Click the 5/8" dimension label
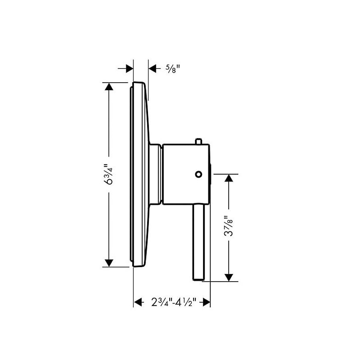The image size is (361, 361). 172,69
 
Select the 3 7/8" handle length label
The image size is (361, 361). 229,227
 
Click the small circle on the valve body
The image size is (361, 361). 197,174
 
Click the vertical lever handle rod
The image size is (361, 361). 199,241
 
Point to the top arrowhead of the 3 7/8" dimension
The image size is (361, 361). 229,179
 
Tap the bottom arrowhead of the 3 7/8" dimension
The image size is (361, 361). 229,276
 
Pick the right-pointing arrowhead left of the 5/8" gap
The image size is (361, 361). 129,69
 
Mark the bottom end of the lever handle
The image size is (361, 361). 199,279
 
